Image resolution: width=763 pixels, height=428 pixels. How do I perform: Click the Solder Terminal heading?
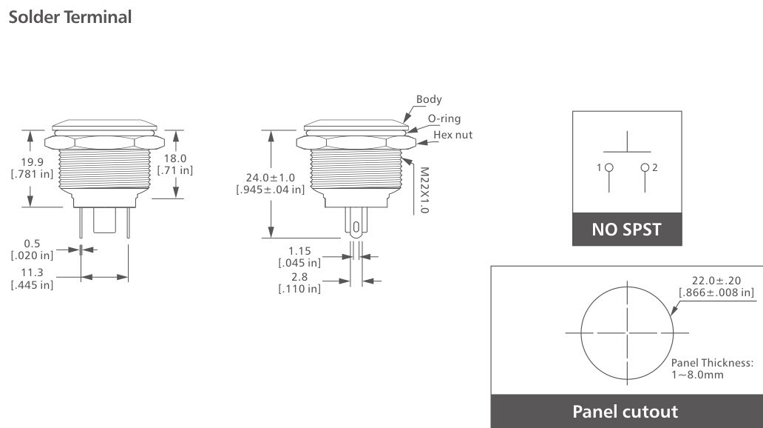[70, 17]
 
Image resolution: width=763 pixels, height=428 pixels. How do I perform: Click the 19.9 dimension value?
[32, 162]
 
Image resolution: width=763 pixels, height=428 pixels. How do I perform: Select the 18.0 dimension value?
[175, 158]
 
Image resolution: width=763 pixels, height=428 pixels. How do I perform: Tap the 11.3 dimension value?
[32, 272]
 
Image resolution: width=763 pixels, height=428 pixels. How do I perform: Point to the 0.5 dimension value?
[32, 243]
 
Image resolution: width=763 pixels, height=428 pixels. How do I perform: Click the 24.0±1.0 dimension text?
[271, 178]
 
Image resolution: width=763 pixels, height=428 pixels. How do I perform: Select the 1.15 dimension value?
[299, 250]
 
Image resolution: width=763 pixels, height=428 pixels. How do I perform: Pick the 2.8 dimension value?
[299, 277]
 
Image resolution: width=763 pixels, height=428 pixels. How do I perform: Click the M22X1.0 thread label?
[424, 190]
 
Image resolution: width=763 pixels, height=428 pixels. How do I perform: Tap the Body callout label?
[429, 99]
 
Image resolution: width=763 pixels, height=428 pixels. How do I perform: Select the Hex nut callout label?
[452, 135]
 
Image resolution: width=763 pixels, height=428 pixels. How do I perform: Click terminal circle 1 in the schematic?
[609, 168]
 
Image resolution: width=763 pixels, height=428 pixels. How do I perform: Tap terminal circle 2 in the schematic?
[645, 168]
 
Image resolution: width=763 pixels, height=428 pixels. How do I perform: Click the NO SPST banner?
[627, 230]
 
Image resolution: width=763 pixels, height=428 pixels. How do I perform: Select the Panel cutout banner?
[625, 411]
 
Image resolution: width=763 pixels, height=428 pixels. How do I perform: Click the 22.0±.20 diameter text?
[716, 281]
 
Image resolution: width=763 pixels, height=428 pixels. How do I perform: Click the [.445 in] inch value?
[32, 285]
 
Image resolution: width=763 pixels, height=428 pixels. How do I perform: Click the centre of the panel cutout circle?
[627, 332]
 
